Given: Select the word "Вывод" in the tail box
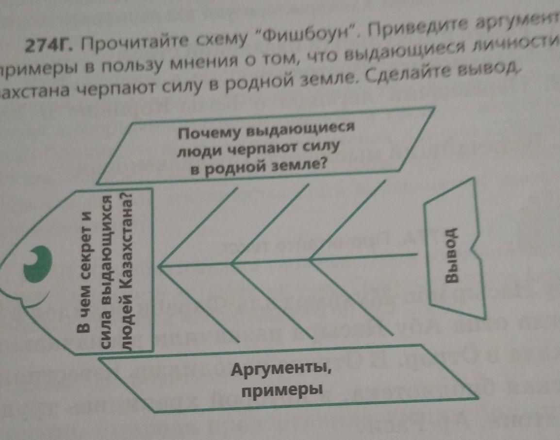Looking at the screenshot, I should pos(452,254).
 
